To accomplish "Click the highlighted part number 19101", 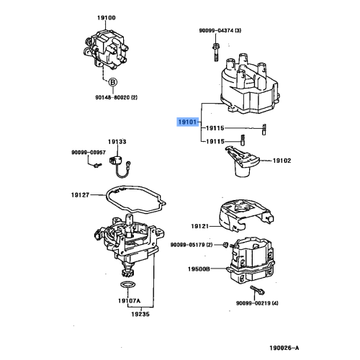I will pos(189,122).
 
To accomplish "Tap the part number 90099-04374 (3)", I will pos(224,30).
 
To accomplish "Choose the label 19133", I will pos(117,143).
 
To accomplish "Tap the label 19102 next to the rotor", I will pos(282,161).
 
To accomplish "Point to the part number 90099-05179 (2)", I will pos(192,246).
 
